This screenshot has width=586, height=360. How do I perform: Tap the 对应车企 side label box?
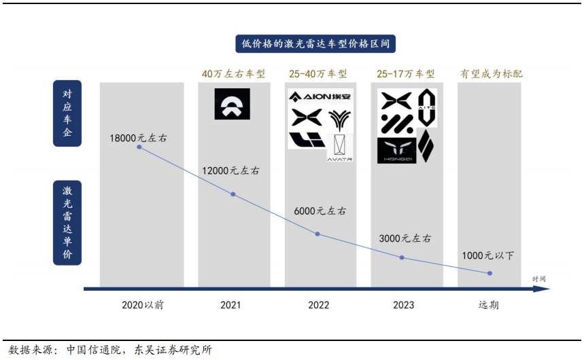[67, 113]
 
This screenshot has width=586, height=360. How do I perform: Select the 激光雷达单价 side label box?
[67, 222]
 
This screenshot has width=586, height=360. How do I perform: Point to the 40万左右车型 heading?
[233, 73]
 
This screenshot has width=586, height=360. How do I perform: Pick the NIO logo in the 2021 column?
[232, 104]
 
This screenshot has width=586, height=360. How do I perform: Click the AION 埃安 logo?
[320, 96]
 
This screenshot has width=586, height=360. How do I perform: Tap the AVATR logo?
[340, 148]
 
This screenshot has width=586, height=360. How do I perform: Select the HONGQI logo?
[396, 150]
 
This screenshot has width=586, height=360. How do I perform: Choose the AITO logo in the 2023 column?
[426, 107]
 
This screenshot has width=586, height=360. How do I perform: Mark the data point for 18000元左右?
[139, 146]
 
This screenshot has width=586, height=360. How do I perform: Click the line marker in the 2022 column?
[317, 234]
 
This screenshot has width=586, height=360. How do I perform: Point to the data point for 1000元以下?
[490, 273]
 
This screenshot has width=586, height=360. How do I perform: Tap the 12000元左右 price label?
[230, 170]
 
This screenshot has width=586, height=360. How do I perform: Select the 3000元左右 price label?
[405, 238]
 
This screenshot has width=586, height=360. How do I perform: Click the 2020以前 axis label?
[142, 305]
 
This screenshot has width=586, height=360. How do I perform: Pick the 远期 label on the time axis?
[489, 305]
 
